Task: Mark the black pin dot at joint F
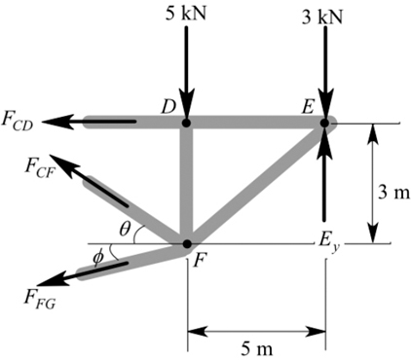[x=186, y=243]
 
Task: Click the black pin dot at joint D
[x=186, y=122]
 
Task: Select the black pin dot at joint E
[x=324, y=122]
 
